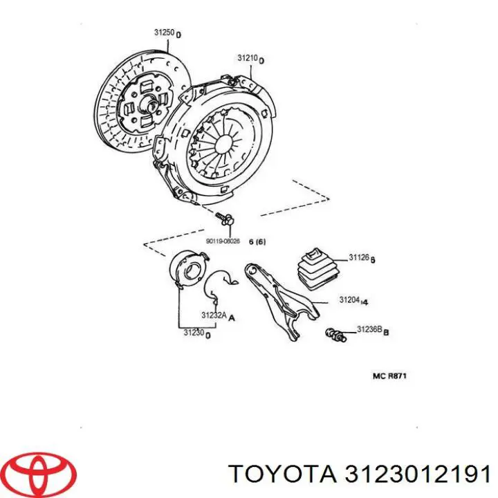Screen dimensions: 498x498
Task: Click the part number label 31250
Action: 164,33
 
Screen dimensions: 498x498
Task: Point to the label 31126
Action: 359,258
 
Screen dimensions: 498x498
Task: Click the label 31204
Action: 349,300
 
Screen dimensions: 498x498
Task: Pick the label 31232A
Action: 214,316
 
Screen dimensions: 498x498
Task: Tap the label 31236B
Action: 369,330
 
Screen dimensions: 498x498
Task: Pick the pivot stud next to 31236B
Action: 334,335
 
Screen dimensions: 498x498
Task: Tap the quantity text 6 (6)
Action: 257,241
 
